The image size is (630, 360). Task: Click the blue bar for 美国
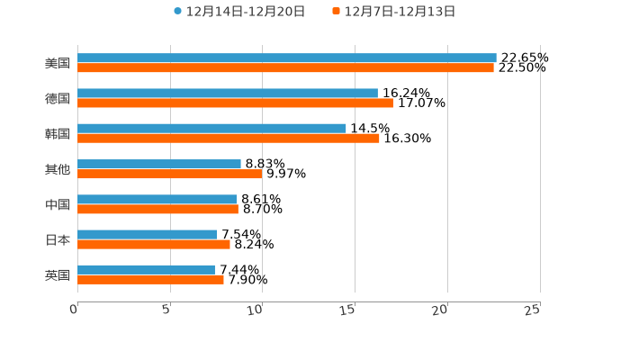286,58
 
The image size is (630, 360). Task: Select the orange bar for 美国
285,68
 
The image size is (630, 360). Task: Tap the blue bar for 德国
227,93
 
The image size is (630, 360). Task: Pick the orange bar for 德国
235,103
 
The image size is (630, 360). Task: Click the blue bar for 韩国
211,128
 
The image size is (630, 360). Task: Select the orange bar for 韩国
228,139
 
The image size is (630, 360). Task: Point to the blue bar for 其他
158,164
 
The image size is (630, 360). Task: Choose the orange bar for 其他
169,175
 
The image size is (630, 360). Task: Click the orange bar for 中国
157,210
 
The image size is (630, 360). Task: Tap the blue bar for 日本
147,234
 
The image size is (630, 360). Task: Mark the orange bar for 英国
150,280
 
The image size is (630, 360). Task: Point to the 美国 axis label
58,64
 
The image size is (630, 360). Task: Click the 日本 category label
58,240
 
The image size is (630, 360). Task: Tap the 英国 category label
58,275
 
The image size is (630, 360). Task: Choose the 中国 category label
58,205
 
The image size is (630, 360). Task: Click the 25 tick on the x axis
532,310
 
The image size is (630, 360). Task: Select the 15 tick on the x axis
347,310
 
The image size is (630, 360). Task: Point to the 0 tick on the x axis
74,310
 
